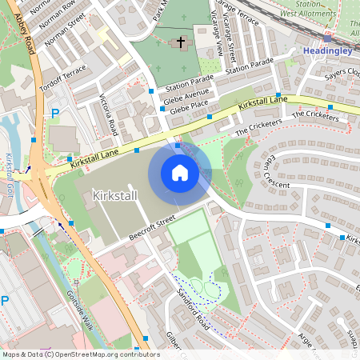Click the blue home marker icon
(180, 173)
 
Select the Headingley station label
(329, 52)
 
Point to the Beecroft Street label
(140, 230)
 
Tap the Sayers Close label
(343, 74)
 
